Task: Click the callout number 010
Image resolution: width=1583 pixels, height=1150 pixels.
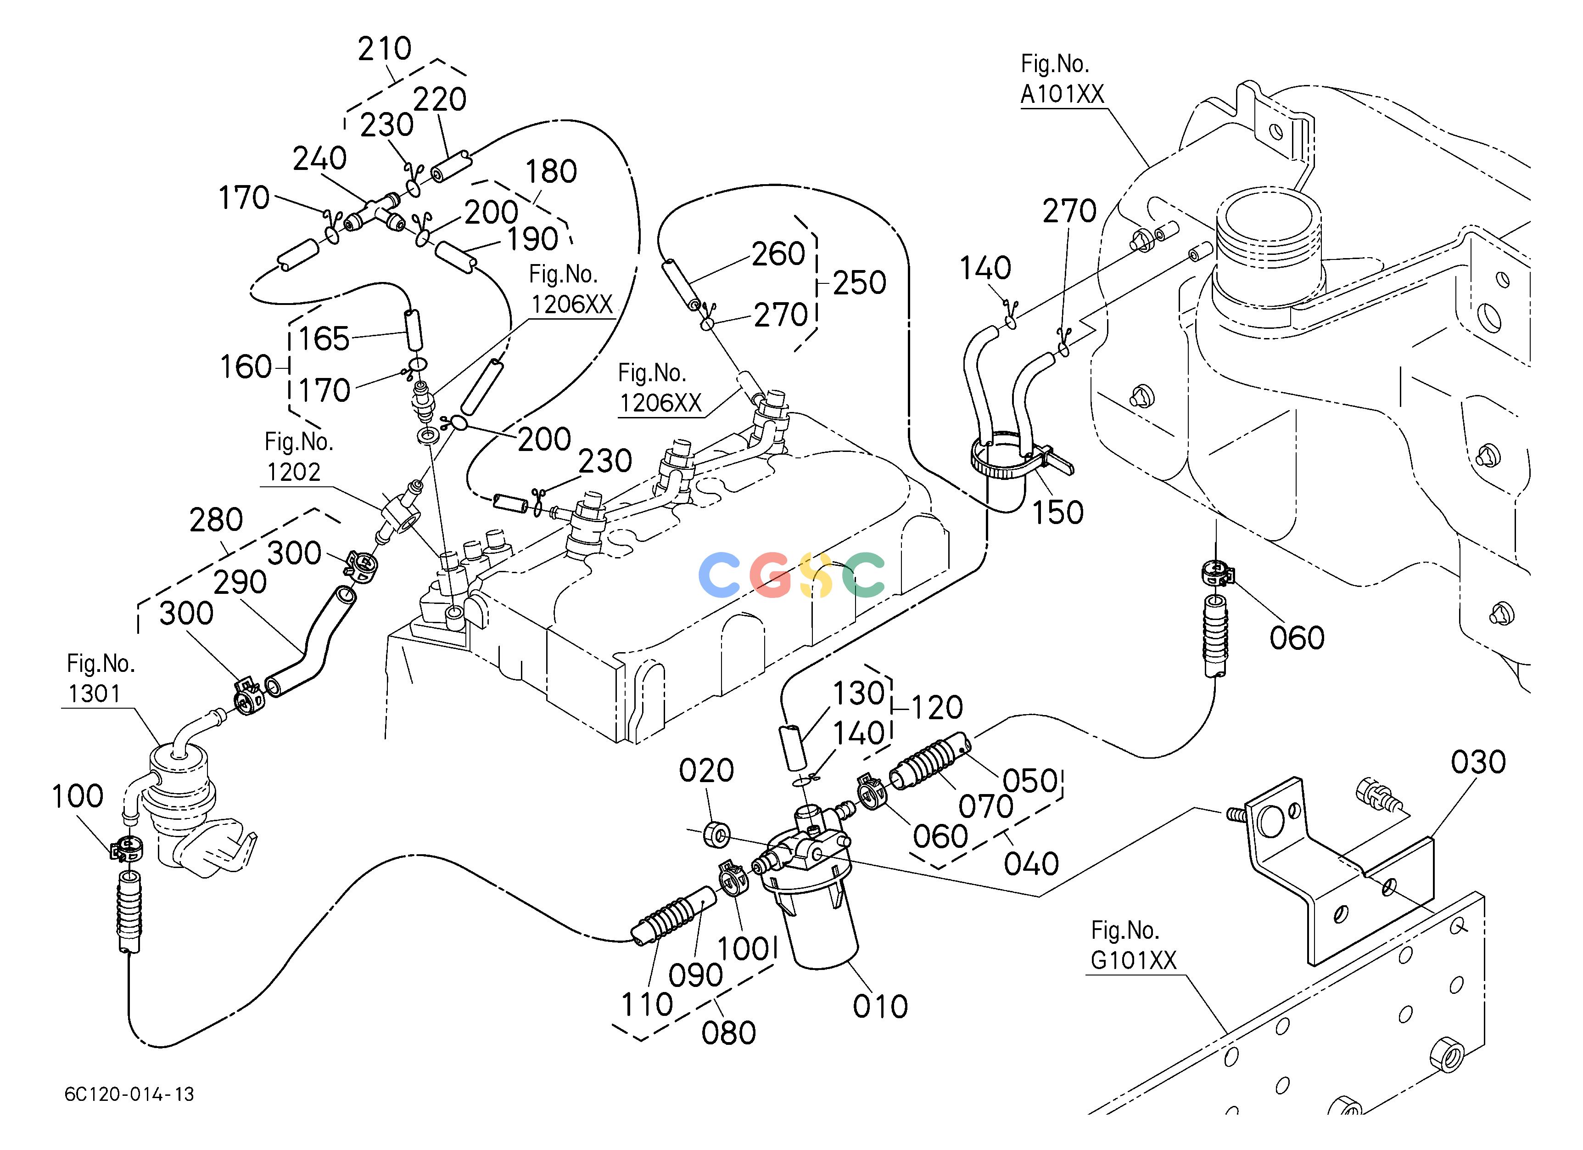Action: tap(880, 1007)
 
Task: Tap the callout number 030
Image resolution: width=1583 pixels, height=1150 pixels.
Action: tap(1478, 762)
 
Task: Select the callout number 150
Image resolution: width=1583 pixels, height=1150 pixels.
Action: tap(1057, 513)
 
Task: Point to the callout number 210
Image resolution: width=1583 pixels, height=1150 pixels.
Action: tap(385, 49)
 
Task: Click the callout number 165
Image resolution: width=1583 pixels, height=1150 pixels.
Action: tap(324, 338)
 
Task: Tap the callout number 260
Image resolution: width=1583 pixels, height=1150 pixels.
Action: tap(778, 254)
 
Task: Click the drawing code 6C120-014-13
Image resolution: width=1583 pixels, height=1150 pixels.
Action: tap(129, 1094)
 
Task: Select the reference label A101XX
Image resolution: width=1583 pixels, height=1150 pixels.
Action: tap(1063, 94)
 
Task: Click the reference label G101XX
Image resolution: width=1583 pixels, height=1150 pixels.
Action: tap(1134, 961)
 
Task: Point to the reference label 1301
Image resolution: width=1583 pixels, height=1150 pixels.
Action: tap(94, 693)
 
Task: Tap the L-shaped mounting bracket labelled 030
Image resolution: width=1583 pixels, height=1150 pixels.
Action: tap(1340, 873)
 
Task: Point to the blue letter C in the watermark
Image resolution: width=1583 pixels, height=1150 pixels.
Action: tap(719, 574)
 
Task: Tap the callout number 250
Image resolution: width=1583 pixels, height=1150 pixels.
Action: tap(859, 283)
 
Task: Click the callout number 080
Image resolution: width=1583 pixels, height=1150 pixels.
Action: tap(729, 1033)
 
